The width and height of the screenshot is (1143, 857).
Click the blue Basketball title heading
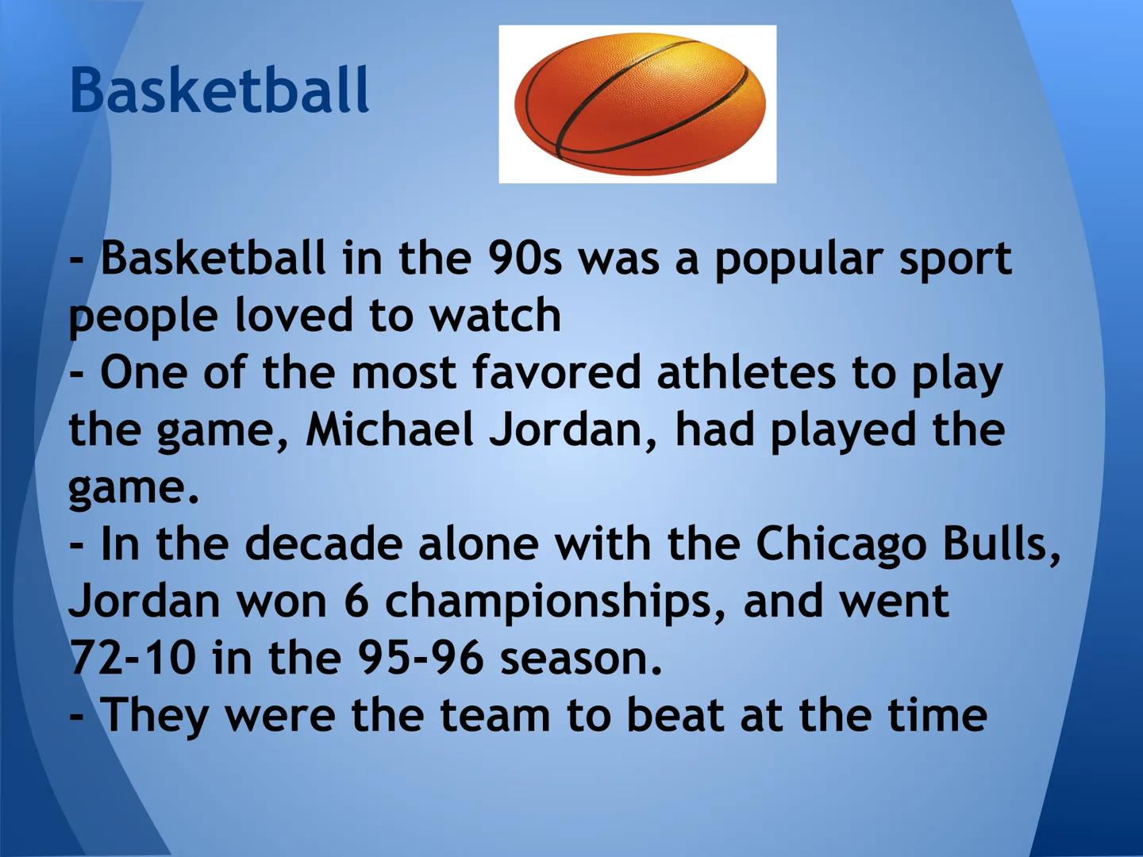click(x=219, y=90)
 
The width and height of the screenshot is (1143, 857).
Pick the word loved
click(x=294, y=315)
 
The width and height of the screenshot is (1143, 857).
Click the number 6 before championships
click(x=356, y=601)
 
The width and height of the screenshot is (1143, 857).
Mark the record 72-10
click(x=133, y=659)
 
